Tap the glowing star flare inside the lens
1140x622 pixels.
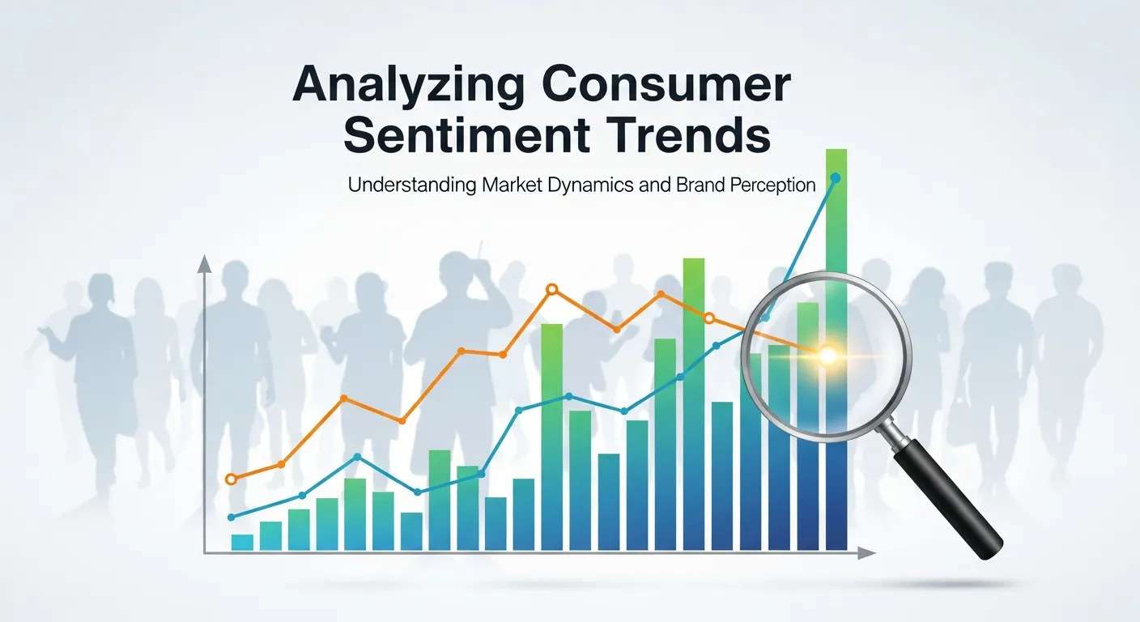827,355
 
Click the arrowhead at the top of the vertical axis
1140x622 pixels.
204,263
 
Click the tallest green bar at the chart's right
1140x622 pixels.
836,243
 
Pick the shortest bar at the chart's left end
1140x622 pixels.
242,542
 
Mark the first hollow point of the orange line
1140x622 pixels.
232,479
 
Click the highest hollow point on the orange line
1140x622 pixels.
552,289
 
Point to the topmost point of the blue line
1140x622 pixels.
836,177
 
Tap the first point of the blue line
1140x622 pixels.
232,517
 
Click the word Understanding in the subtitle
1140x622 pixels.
411,185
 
